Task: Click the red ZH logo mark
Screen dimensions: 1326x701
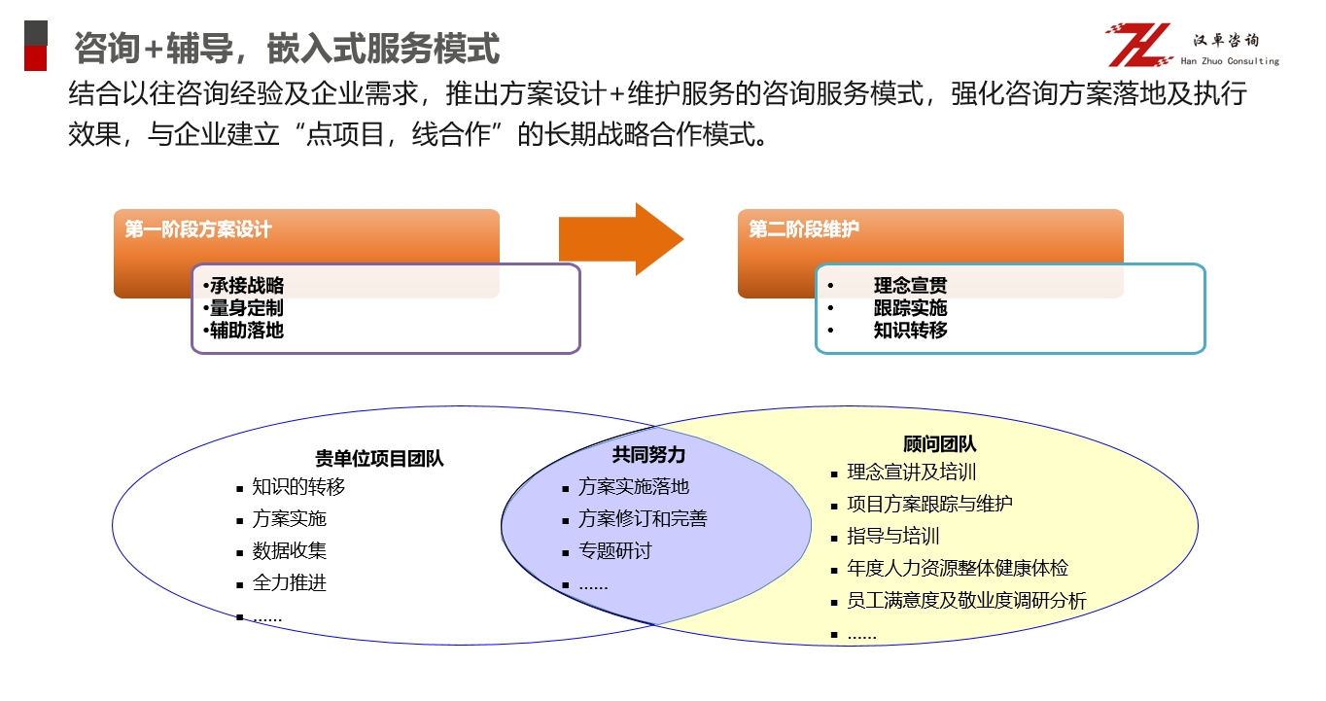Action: (x=1139, y=45)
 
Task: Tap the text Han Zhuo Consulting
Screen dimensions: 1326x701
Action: (x=1230, y=61)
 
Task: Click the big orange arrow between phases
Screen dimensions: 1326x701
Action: (x=621, y=238)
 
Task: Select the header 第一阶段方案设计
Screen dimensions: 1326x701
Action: (x=197, y=229)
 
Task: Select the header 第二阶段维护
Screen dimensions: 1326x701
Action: (x=803, y=228)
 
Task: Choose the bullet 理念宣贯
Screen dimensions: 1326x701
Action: (x=911, y=286)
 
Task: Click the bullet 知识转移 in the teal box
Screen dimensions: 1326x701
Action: (x=911, y=330)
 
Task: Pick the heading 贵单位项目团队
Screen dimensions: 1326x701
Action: (x=379, y=458)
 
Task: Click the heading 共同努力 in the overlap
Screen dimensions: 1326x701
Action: (x=648, y=455)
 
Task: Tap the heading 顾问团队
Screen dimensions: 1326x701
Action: (x=939, y=443)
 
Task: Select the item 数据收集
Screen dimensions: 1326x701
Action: (x=290, y=550)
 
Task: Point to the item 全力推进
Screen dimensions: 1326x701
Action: (x=290, y=583)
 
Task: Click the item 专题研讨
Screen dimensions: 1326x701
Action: (x=615, y=551)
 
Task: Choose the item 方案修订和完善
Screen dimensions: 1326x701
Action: (x=643, y=518)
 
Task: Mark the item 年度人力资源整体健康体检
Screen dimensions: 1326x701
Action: (x=958, y=569)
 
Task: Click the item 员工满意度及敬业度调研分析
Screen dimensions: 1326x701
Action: (x=966, y=600)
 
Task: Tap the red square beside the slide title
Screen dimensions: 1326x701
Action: (x=36, y=58)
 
